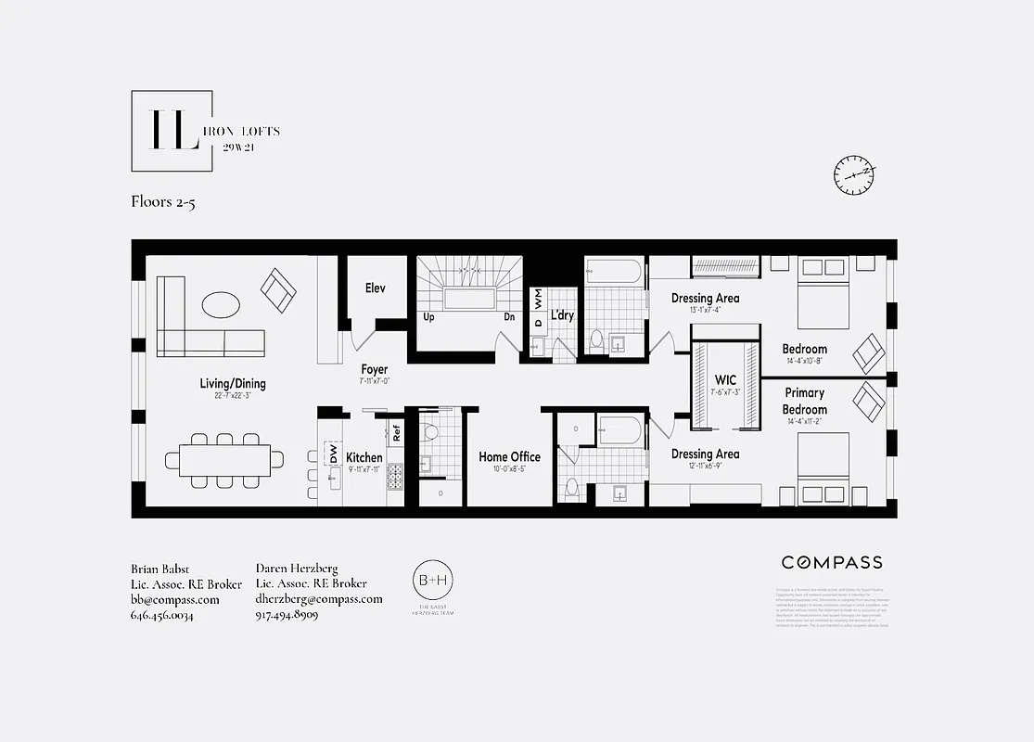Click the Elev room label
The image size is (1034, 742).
pos(375,288)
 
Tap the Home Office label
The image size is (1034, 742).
pos(509,456)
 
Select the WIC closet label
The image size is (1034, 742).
pos(725,380)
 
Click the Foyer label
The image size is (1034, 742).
pos(375,370)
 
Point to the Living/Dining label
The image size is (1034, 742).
pos(233,383)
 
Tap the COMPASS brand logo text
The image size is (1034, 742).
pos(831,562)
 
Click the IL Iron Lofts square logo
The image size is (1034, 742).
pos(172,131)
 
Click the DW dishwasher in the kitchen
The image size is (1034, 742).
pos(332,454)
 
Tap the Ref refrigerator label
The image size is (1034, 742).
pos(396,432)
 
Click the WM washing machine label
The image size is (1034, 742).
pos(538,298)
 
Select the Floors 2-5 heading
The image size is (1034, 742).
pos(163,202)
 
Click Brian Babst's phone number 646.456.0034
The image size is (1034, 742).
pos(162,615)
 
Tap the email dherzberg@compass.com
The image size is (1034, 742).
pos(318,599)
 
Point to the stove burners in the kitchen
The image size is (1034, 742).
pos(395,477)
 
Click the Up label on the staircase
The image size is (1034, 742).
pos(429,316)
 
